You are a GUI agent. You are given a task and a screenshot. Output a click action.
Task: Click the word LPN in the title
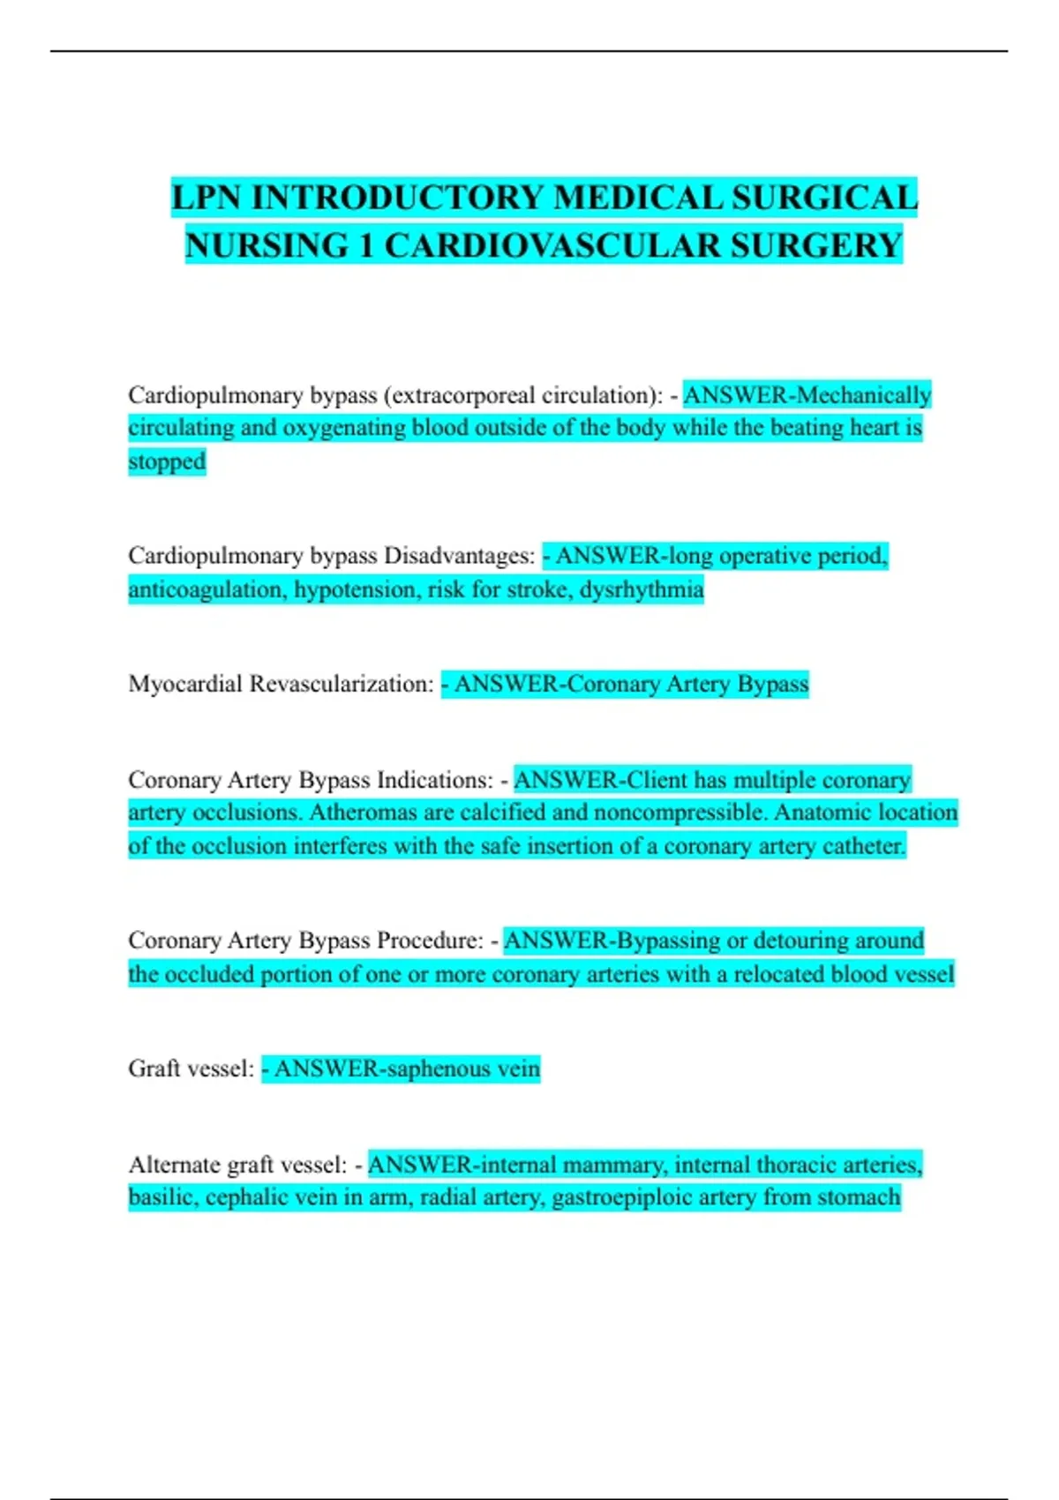(x=207, y=198)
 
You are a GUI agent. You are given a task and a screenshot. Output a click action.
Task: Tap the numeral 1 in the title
(x=365, y=245)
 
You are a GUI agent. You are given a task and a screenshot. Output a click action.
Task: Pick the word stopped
(x=167, y=461)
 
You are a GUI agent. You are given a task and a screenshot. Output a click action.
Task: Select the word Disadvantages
(x=459, y=556)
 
